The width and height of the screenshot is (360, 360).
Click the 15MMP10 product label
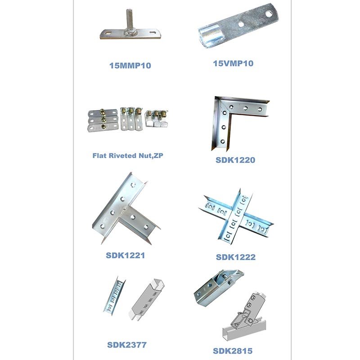[130, 65]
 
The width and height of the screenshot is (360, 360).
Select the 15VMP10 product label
[233, 63]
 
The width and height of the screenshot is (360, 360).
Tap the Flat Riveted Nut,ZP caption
[128, 156]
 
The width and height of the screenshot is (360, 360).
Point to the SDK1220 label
[235, 160]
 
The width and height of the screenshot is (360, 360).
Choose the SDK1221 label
[126, 255]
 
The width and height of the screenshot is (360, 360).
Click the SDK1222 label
[236, 257]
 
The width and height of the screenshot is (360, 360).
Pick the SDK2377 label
[127, 345]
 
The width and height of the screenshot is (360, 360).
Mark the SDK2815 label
[233, 351]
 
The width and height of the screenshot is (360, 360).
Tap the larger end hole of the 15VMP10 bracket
[268, 14]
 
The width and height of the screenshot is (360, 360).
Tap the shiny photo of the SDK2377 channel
[114, 296]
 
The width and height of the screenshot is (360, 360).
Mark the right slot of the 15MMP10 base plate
[153, 32]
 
